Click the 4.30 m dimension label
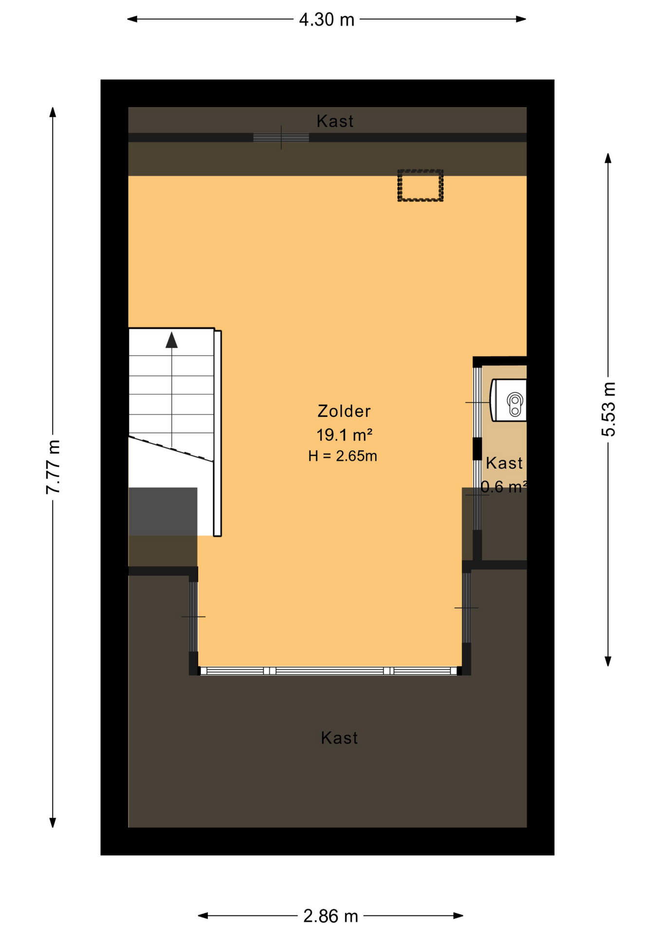pos(327,19)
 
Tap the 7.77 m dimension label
pos(53,467)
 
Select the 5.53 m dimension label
pos(608,409)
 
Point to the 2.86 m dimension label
pos(330,916)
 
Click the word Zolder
pos(344,411)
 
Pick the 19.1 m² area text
pos(344,434)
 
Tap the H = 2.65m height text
pos(343,456)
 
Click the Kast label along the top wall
pos(335,121)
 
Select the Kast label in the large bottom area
pos(339,738)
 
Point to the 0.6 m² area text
pos(504,486)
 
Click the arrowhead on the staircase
pos(171,340)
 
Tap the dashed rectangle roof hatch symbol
pos(420,185)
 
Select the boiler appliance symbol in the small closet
pos(509,400)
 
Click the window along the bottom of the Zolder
pos(330,671)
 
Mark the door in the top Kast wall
pos(281,138)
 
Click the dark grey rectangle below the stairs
pos(163,511)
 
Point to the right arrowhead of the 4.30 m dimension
pos(521,19)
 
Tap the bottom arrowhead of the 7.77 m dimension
pos(53,822)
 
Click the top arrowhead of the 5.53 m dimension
pos(608,159)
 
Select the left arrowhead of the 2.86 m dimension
pos(203,916)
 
